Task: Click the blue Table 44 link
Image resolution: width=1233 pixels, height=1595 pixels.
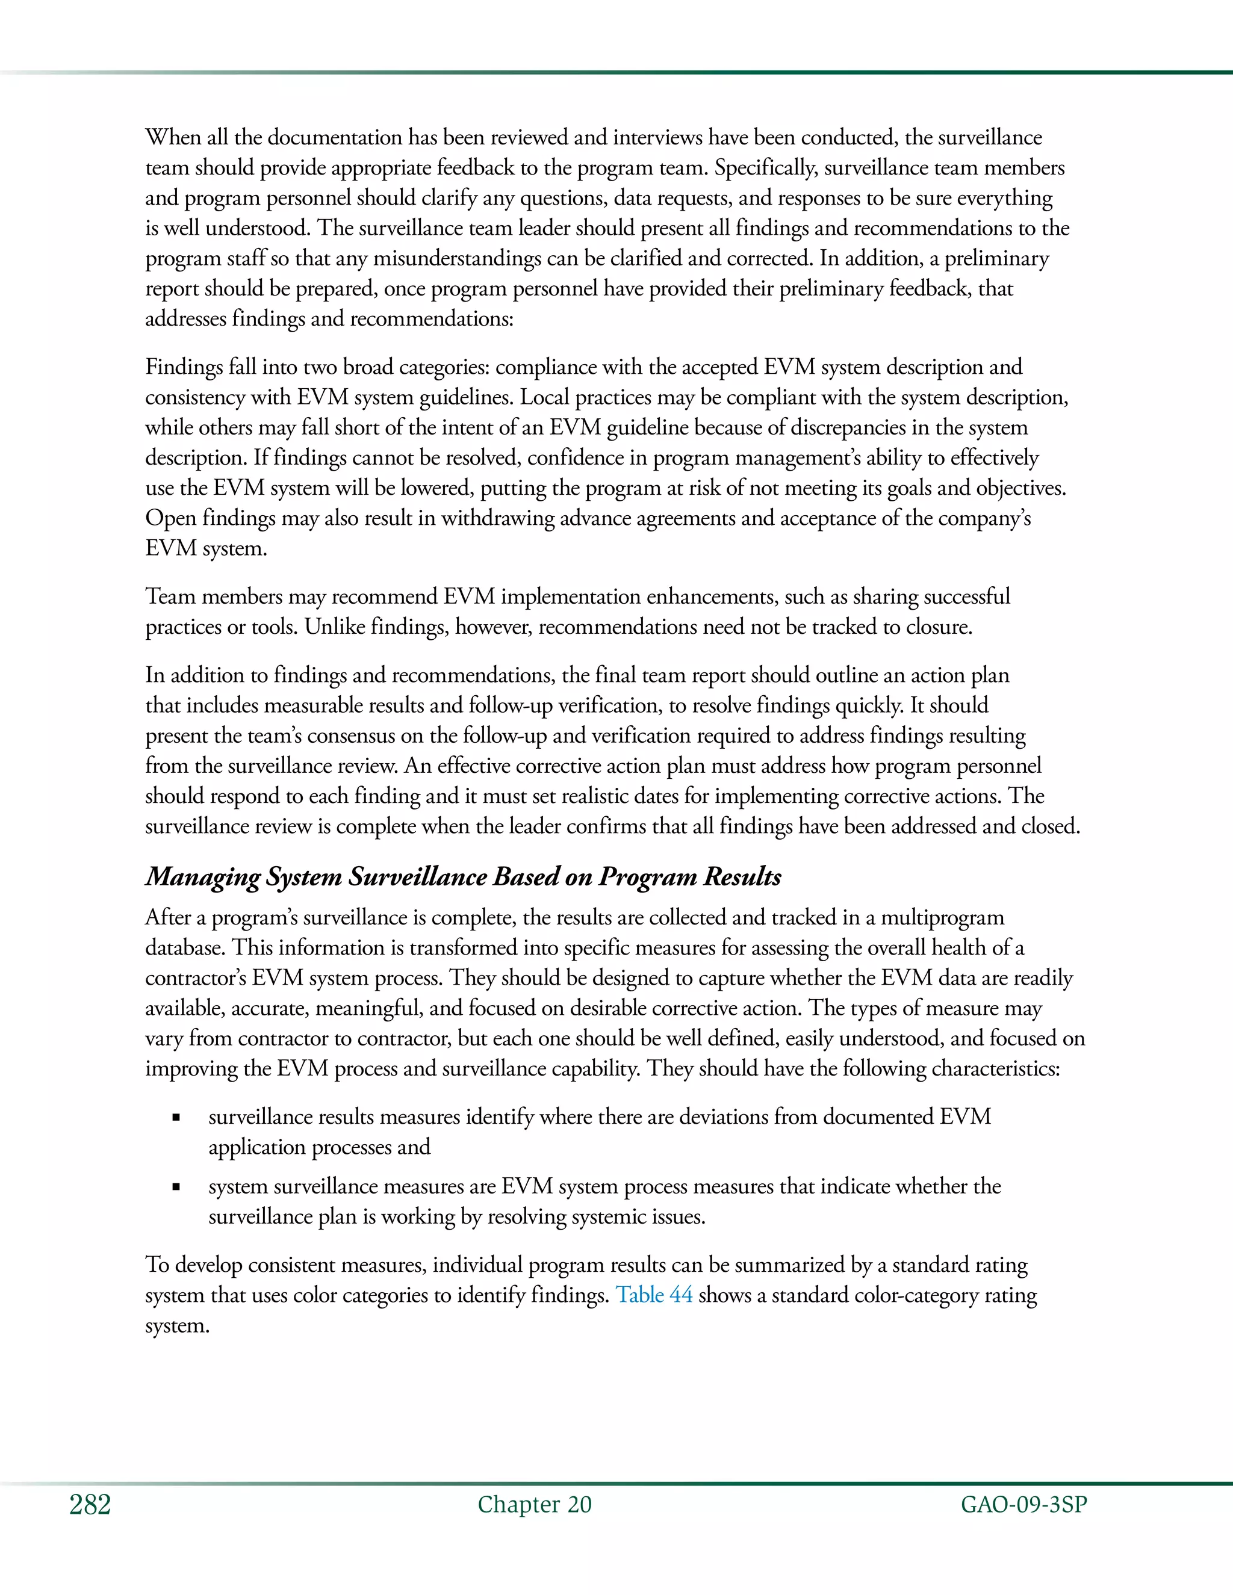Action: tap(654, 1295)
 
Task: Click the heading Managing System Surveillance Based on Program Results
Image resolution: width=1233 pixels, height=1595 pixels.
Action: tap(463, 876)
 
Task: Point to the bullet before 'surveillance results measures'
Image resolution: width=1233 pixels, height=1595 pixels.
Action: tap(176, 1117)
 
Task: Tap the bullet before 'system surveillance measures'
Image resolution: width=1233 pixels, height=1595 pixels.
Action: tap(176, 1187)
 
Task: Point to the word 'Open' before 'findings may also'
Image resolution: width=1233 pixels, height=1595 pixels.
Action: tap(171, 518)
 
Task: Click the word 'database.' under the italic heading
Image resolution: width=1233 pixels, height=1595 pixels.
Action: tap(185, 948)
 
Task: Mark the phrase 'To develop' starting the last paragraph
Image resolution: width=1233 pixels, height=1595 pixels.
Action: tap(193, 1265)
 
